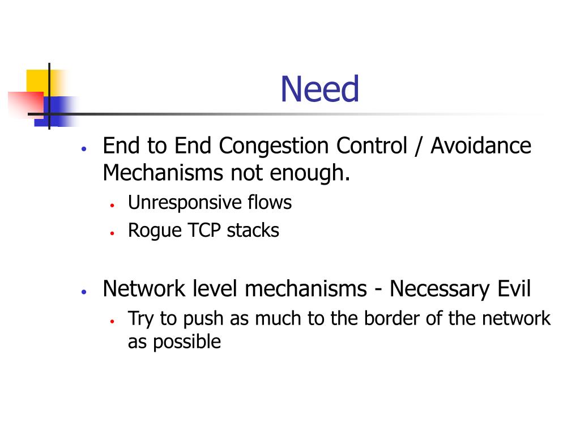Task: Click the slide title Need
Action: point(320,90)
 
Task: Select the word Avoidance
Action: point(481,146)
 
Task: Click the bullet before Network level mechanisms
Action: point(83,292)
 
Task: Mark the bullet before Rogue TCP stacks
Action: point(113,233)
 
